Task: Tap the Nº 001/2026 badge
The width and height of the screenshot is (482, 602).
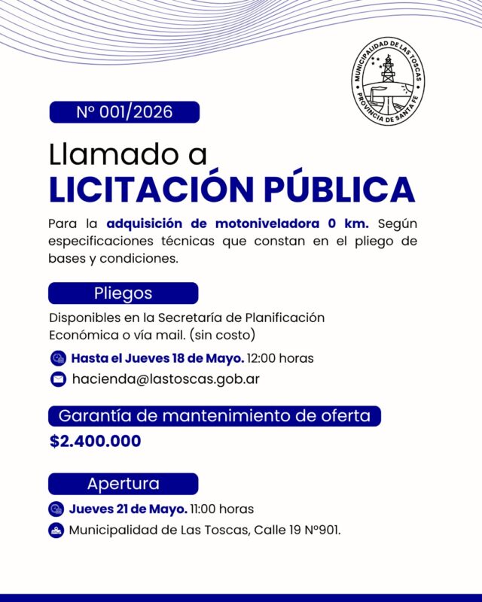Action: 124,112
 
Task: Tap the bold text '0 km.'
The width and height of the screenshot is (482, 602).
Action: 348,223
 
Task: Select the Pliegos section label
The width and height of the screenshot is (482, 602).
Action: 123,293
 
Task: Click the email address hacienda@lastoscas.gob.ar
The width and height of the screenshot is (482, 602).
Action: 166,379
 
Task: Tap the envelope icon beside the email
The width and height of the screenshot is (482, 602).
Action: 58,379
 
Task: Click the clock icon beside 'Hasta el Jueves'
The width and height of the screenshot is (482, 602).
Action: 58,357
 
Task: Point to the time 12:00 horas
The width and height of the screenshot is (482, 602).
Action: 280,357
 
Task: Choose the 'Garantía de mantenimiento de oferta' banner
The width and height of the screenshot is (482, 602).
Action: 214,415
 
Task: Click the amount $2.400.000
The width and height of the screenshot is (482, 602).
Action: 96,441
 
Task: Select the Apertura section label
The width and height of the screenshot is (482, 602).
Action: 123,483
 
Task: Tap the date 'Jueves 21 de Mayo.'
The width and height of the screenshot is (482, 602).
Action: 127,509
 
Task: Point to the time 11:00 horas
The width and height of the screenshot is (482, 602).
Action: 221,509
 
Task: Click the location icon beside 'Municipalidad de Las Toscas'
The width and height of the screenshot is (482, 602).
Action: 56,530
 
